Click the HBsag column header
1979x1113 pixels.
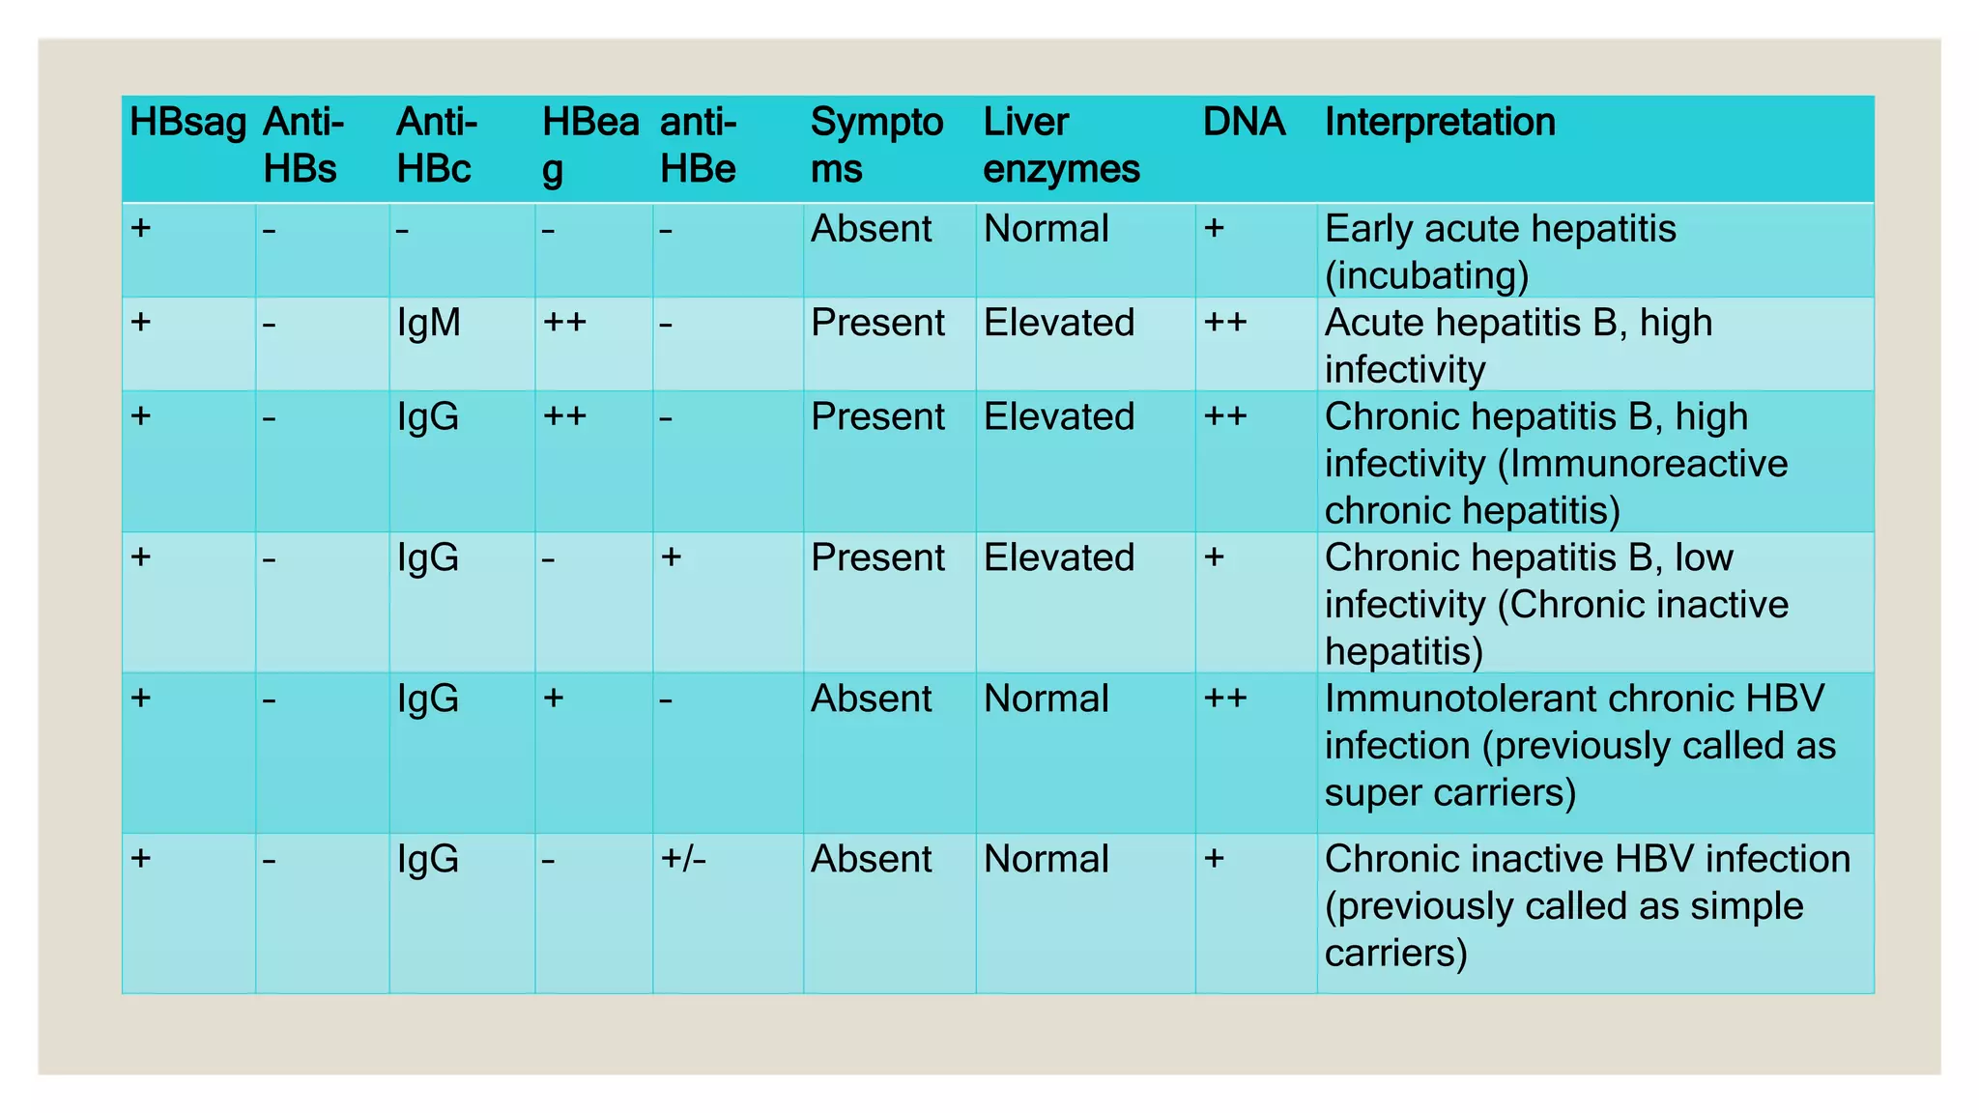tap(187, 123)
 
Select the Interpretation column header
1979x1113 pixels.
tap(1439, 123)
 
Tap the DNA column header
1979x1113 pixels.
tap(1244, 123)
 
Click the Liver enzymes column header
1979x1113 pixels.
tap(1061, 146)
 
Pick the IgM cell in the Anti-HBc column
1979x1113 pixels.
tap(428, 323)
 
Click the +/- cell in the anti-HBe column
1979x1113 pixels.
tap(683, 858)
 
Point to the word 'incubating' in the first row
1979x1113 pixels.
tap(1426, 276)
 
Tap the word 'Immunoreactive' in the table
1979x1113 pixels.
tap(1648, 464)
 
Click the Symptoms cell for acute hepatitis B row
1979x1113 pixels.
tap(877, 323)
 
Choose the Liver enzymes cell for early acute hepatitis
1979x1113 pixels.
tap(1046, 229)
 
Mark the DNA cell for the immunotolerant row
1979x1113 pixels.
tap(1225, 698)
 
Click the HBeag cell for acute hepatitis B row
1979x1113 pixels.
tap(565, 322)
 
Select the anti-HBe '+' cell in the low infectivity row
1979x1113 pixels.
tap(672, 556)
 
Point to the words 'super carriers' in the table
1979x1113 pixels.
tap(1449, 793)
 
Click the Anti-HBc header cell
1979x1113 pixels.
tap(436, 146)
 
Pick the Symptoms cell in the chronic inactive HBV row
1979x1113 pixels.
tap(871, 859)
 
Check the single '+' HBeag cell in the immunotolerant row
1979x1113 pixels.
tap(554, 698)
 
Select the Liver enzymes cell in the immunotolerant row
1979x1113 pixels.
tap(1046, 699)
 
